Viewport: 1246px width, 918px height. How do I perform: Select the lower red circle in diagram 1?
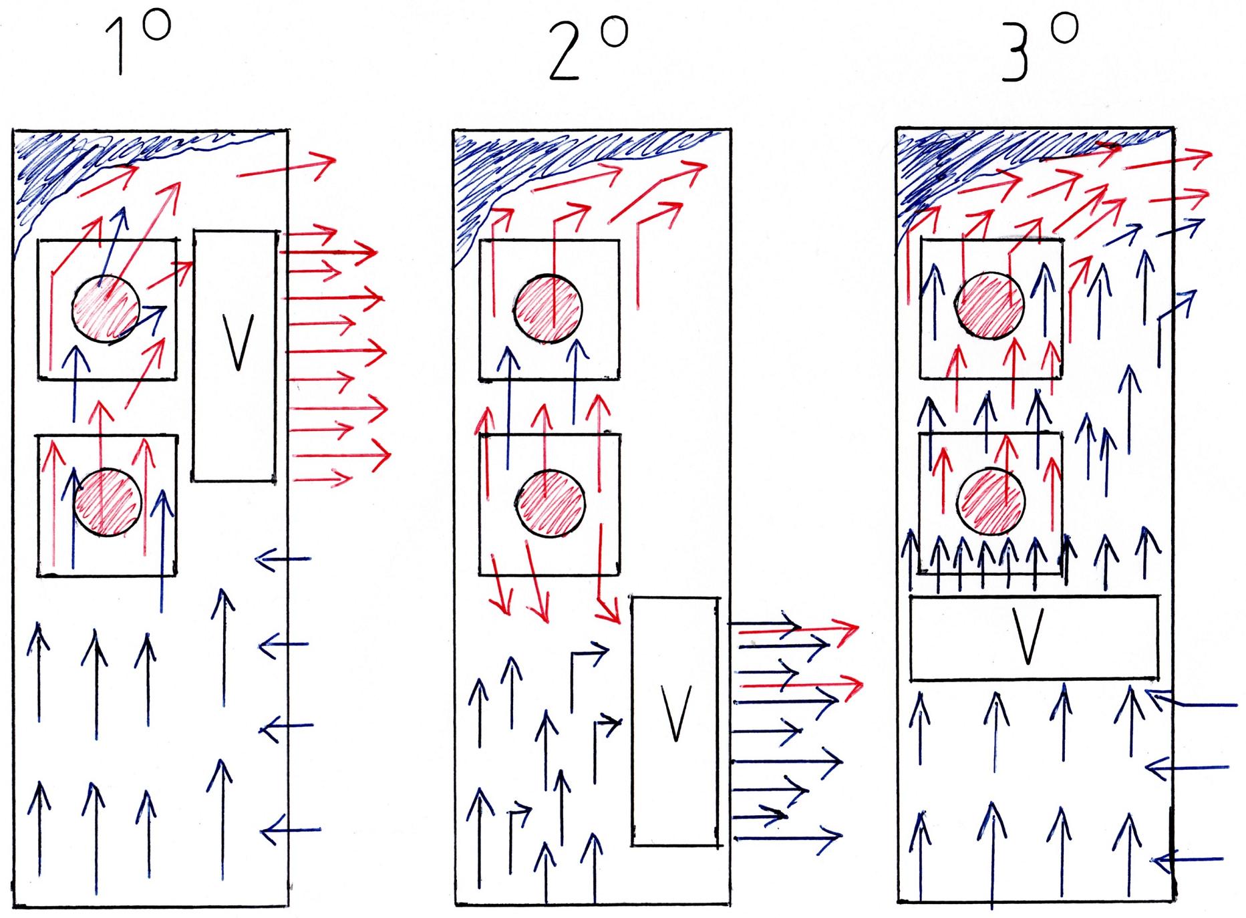pyautogui.click(x=108, y=502)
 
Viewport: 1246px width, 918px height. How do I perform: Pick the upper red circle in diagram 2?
pyautogui.click(x=548, y=309)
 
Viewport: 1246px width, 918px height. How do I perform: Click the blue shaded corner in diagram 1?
pyautogui.click(x=47, y=167)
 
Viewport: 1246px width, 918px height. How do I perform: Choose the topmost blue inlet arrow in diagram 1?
pyautogui.click(x=283, y=559)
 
